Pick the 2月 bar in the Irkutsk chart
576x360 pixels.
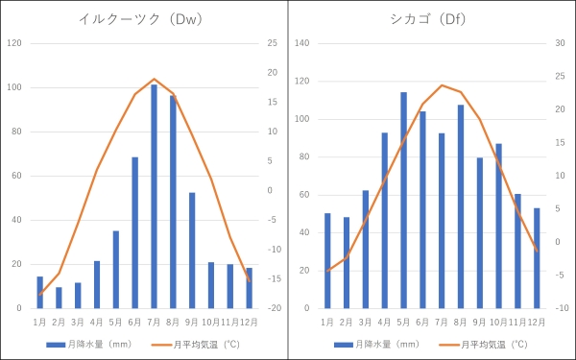point(59,299)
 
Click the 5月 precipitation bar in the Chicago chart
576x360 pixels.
point(403,201)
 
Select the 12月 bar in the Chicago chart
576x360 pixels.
point(537,258)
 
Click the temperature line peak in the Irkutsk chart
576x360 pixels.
point(154,79)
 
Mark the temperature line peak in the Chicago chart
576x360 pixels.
point(442,85)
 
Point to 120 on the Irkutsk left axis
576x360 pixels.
point(14,43)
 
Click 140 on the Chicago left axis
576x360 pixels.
point(302,43)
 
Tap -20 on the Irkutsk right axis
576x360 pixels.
point(274,308)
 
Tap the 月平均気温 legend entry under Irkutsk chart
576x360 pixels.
point(202,344)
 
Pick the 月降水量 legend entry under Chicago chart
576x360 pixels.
point(376,344)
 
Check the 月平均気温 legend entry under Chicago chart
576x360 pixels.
point(490,344)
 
